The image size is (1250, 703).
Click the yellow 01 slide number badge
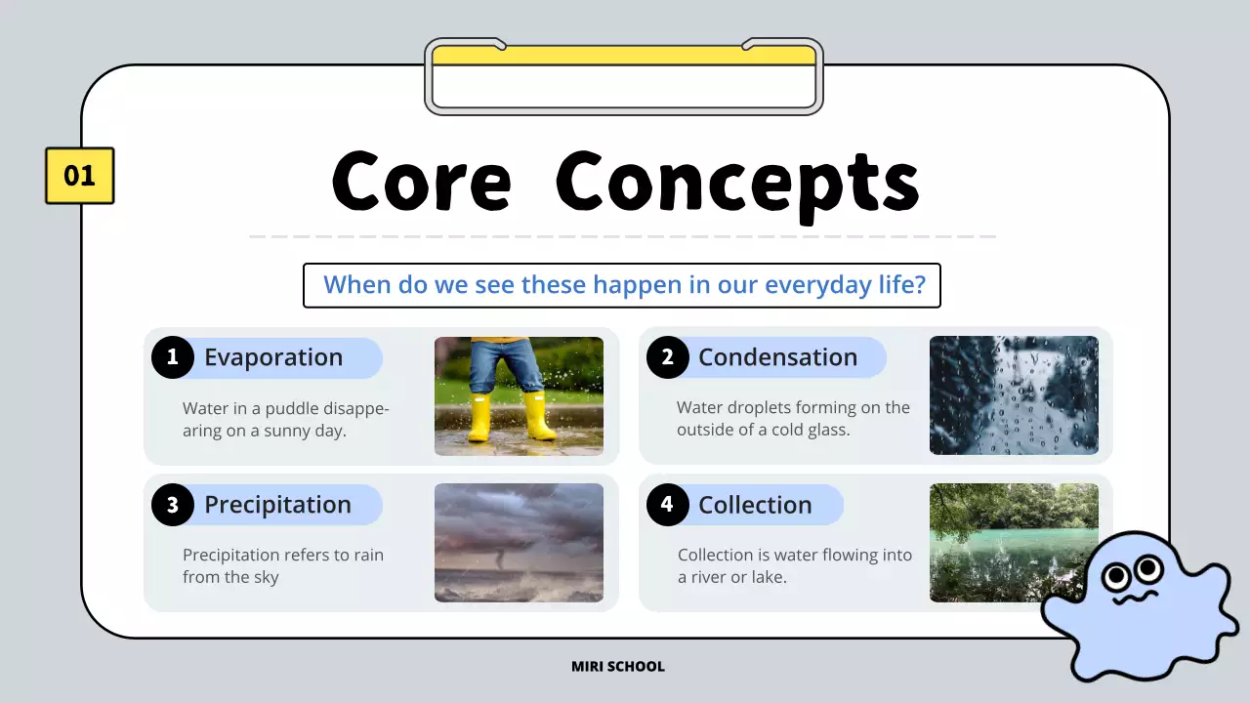(79, 176)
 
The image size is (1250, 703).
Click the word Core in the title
(421, 183)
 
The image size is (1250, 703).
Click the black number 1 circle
(173, 357)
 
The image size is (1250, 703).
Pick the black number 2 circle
(667, 357)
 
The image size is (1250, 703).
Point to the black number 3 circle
(173, 505)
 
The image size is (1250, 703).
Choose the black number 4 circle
(667, 505)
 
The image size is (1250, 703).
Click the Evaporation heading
(273, 357)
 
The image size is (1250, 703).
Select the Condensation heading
(777, 357)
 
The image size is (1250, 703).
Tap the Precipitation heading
(277, 505)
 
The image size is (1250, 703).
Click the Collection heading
(755, 505)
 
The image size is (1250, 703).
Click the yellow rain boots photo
(519, 395)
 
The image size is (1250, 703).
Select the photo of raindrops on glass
(1013, 395)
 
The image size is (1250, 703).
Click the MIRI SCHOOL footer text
(617, 667)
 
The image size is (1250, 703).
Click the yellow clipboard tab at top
(623, 56)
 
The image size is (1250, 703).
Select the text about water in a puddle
(285, 419)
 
